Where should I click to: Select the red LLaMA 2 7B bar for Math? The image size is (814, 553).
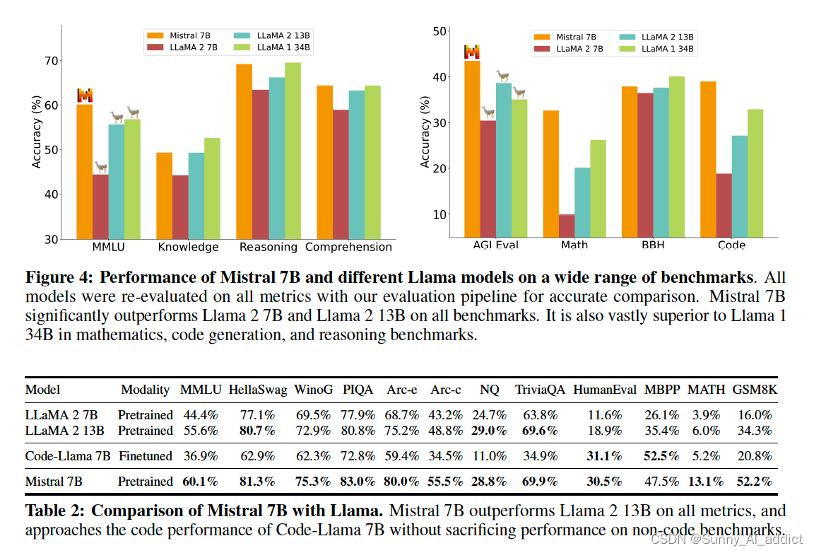pyautogui.click(x=567, y=226)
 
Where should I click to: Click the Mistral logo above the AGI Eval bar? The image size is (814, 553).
pyautogui.click(x=471, y=52)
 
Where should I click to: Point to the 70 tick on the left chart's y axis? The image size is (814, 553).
pyautogui.click(x=50, y=61)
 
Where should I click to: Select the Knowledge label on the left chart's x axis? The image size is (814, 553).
pyautogui.click(x=188, y=247)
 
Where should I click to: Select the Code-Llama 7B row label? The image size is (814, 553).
pyautogui.click(x=68, y=456)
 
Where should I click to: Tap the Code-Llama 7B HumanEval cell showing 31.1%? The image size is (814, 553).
pyautogui.click(x=604, y=456)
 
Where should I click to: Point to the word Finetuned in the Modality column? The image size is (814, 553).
pyautogui.click(x=145, y=456)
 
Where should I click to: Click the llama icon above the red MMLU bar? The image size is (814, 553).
pyautogui.click(x=101, y=167)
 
